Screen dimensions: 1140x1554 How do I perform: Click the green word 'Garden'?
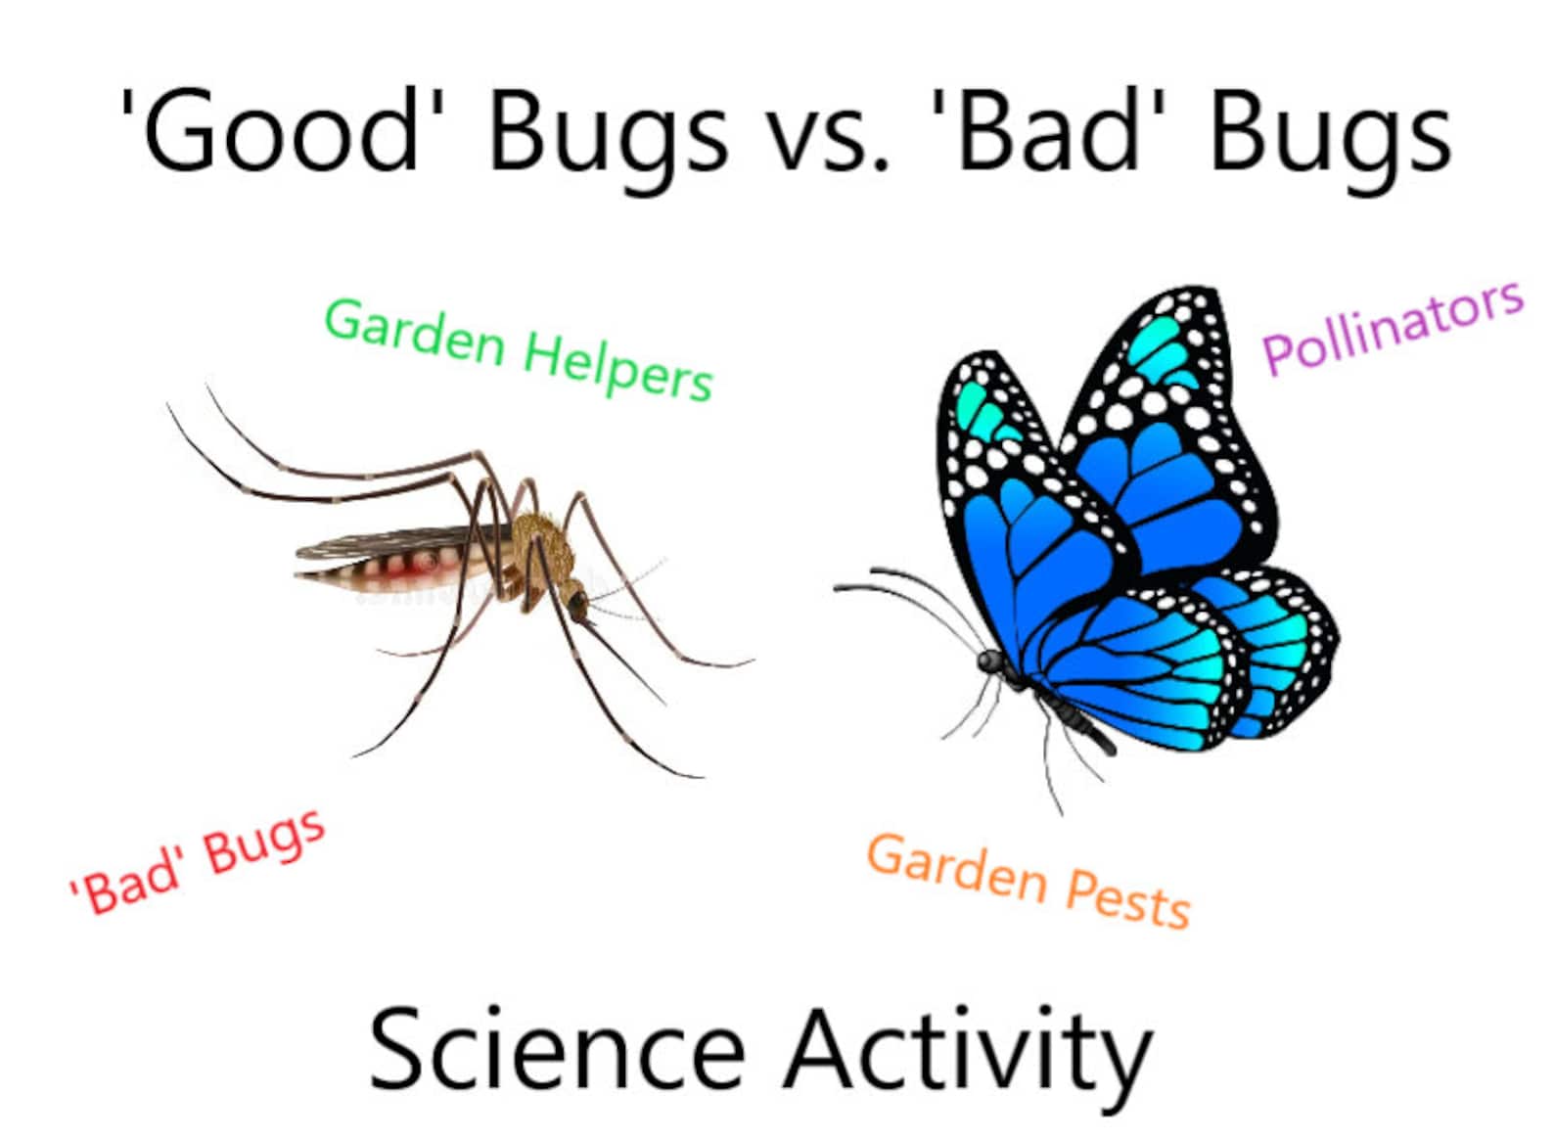coord(415,331)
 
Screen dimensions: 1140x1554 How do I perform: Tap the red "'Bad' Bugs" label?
coord(197,862)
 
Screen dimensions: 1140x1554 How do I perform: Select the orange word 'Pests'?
coord(1127,895)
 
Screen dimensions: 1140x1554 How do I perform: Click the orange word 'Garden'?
coord(956,867)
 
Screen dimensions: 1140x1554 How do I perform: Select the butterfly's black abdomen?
coord(1076,719)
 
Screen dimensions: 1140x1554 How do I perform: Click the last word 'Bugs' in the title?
coord(1329,137)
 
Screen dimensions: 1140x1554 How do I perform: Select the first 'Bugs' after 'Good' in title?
coord(608,137)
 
